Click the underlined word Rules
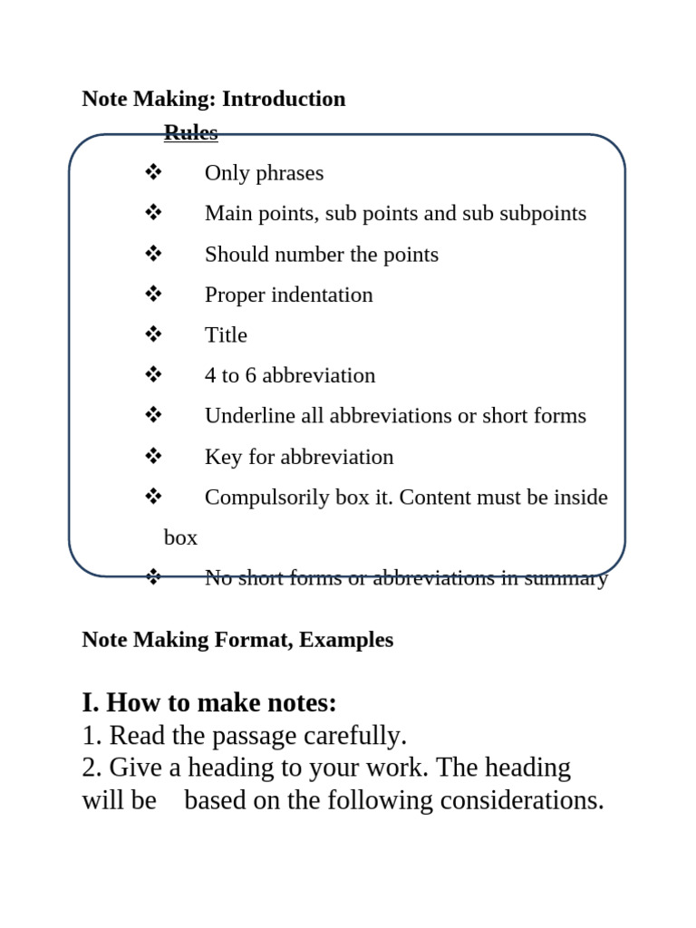[x=190, y=132]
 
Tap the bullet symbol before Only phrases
[x=153, y=171]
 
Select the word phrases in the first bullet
[x=292, y=173]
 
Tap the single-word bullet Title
[x=226, y=335]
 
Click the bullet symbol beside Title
[x=153, y=333]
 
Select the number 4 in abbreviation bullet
[x=210, y=376]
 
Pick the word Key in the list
[x=223, y=458]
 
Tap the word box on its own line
[x=180, y=537]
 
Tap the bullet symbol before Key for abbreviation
[x=153, y=456]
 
